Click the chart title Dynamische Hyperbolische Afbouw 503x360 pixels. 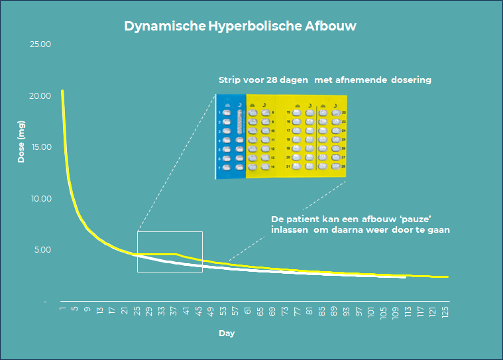[241, 27]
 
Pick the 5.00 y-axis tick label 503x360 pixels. [42, 250]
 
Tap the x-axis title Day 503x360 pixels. [227, 333]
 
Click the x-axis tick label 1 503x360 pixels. [63, 309]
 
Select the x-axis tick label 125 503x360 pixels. [447, 312]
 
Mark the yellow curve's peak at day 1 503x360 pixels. [62, 91]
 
